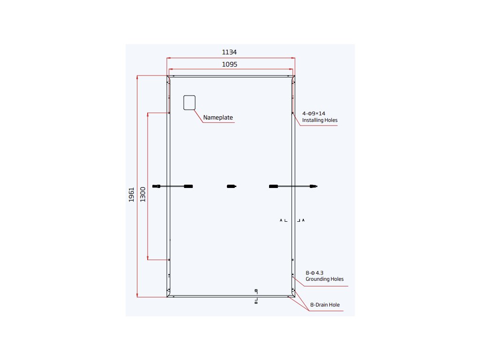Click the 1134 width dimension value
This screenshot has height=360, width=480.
point(230,52)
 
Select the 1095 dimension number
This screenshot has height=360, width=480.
point(230,64)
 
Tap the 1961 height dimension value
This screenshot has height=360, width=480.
point(132,195)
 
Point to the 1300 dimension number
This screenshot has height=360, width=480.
point(143,194)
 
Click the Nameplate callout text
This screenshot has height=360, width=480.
point(218,117)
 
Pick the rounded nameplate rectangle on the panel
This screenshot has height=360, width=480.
point(189,103)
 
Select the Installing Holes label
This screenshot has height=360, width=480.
point(320,120)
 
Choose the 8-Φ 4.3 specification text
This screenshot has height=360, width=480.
point(315,272)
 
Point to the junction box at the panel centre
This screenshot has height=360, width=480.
point(231,187)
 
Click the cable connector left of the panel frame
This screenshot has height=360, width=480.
point(156,187)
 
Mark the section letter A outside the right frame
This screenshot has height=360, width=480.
point(303,220)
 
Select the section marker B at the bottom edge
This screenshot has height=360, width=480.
point(256,303)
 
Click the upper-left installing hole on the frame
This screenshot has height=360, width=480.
point(169,112)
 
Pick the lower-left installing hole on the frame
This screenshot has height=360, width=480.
point(169,260)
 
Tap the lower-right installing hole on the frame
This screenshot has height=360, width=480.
point(292,260)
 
